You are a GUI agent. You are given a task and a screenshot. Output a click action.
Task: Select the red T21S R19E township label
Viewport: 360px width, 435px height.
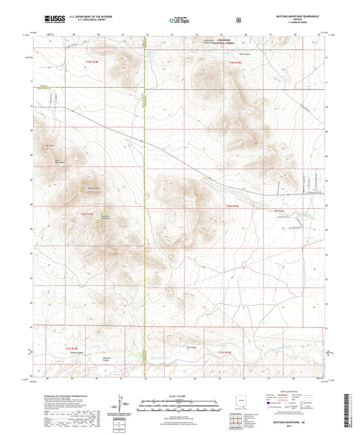coord(225,351)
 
